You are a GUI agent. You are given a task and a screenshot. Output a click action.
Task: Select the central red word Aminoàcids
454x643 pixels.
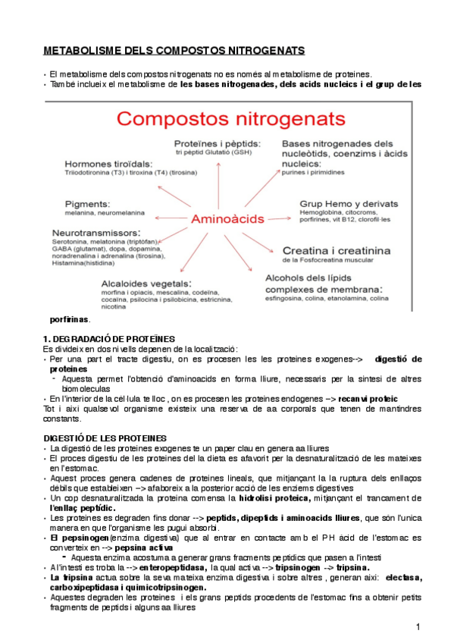point(225,218)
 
